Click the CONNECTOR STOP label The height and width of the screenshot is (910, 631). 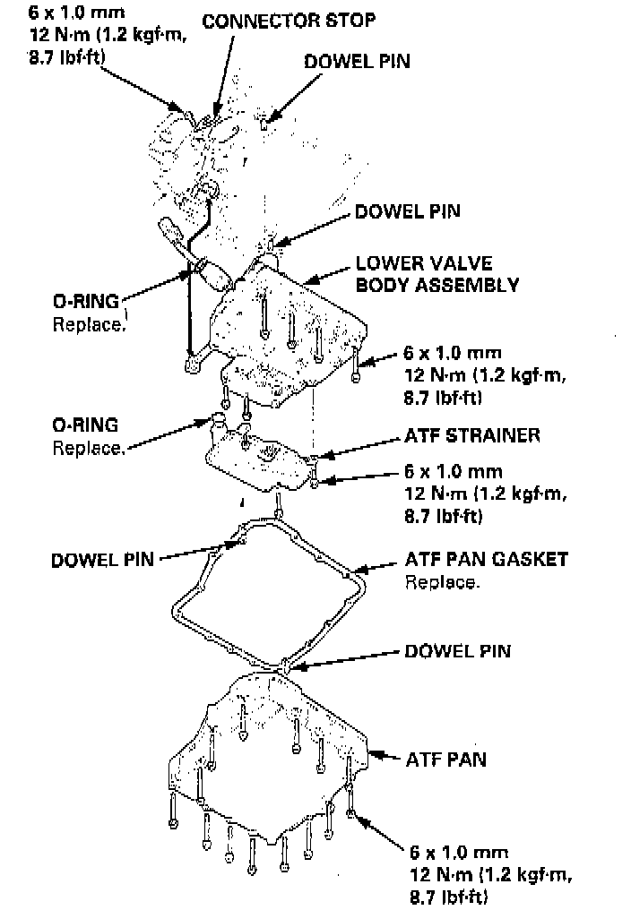coord(289,20)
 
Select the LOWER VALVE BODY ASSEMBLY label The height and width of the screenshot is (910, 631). coord(437,275)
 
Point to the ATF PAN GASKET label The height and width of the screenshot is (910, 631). coord(486,560)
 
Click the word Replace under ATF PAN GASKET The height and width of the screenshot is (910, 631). coord(442,582)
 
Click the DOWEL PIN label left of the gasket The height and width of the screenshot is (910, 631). coord(102,561)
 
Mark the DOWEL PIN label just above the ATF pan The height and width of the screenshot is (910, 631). coord(457,650)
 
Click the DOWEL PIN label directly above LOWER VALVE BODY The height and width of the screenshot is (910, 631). coord(408,212)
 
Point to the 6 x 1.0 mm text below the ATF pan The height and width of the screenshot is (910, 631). coord(454,851)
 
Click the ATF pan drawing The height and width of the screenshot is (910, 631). coord(269,761)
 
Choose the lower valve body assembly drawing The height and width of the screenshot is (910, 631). coord(287,331)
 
